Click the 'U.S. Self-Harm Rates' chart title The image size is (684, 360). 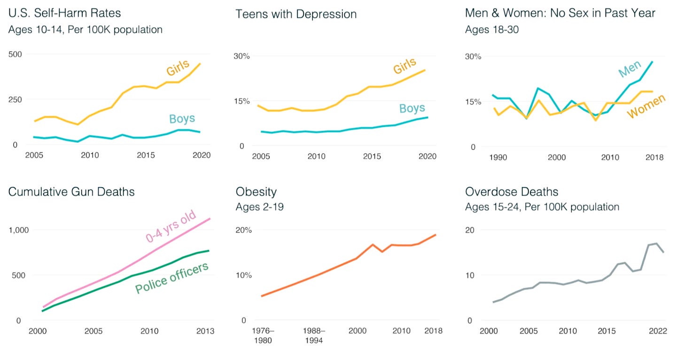(x=65, y=13)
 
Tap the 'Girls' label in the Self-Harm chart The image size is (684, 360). (x=178, y=68)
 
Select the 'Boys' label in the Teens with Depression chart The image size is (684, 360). (x=412, y=109)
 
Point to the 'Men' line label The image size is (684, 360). (x=629, y=69)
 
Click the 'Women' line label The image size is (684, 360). (x=646, y=107)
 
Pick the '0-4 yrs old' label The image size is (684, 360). (x=170, y=227)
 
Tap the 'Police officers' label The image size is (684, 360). (x=171, y=278)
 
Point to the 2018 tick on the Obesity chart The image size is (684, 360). (x=433, y=331)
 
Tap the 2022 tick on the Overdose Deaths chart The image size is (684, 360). (x=658, y=331)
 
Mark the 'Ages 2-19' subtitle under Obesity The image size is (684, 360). (x=260, y=207)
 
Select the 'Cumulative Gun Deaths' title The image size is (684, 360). (x=71, y=192)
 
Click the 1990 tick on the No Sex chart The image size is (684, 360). (x=498, y=157)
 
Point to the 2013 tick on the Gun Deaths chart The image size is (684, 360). (x=204, y=331)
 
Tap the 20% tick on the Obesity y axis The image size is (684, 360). (x=244, y=230)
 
